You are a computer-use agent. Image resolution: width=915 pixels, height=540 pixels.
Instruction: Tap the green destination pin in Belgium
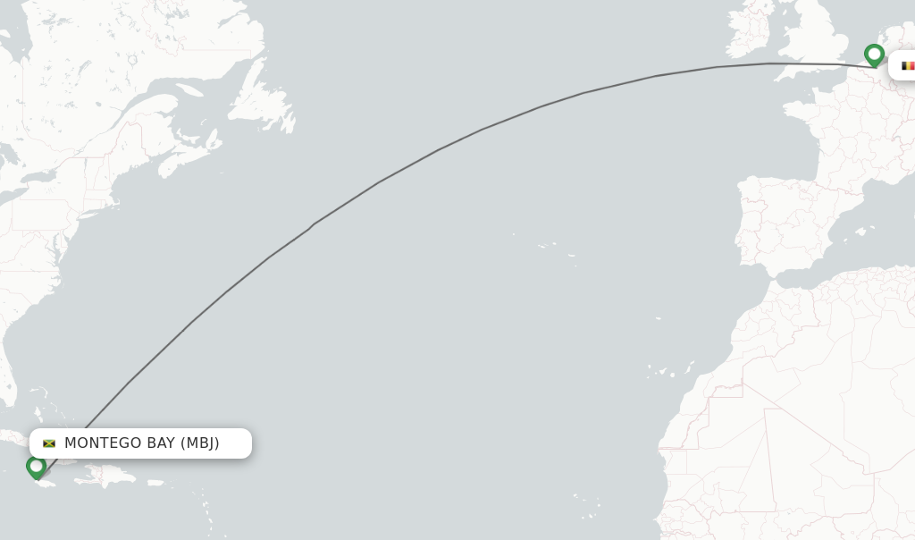(x=874, y=55)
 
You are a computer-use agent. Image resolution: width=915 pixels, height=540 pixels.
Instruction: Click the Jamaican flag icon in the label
(x=49, y=443)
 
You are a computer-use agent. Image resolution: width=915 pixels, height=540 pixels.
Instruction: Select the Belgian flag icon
(x=907, y=65)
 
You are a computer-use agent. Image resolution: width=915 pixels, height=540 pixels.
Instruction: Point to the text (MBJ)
(x=199, y=443)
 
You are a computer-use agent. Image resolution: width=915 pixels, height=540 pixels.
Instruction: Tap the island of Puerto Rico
(x=156, y=483)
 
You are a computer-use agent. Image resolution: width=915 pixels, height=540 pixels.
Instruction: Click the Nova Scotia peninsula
(x=183, y=161)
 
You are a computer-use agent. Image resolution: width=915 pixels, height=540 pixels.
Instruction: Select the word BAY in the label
(x=158, y=443)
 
